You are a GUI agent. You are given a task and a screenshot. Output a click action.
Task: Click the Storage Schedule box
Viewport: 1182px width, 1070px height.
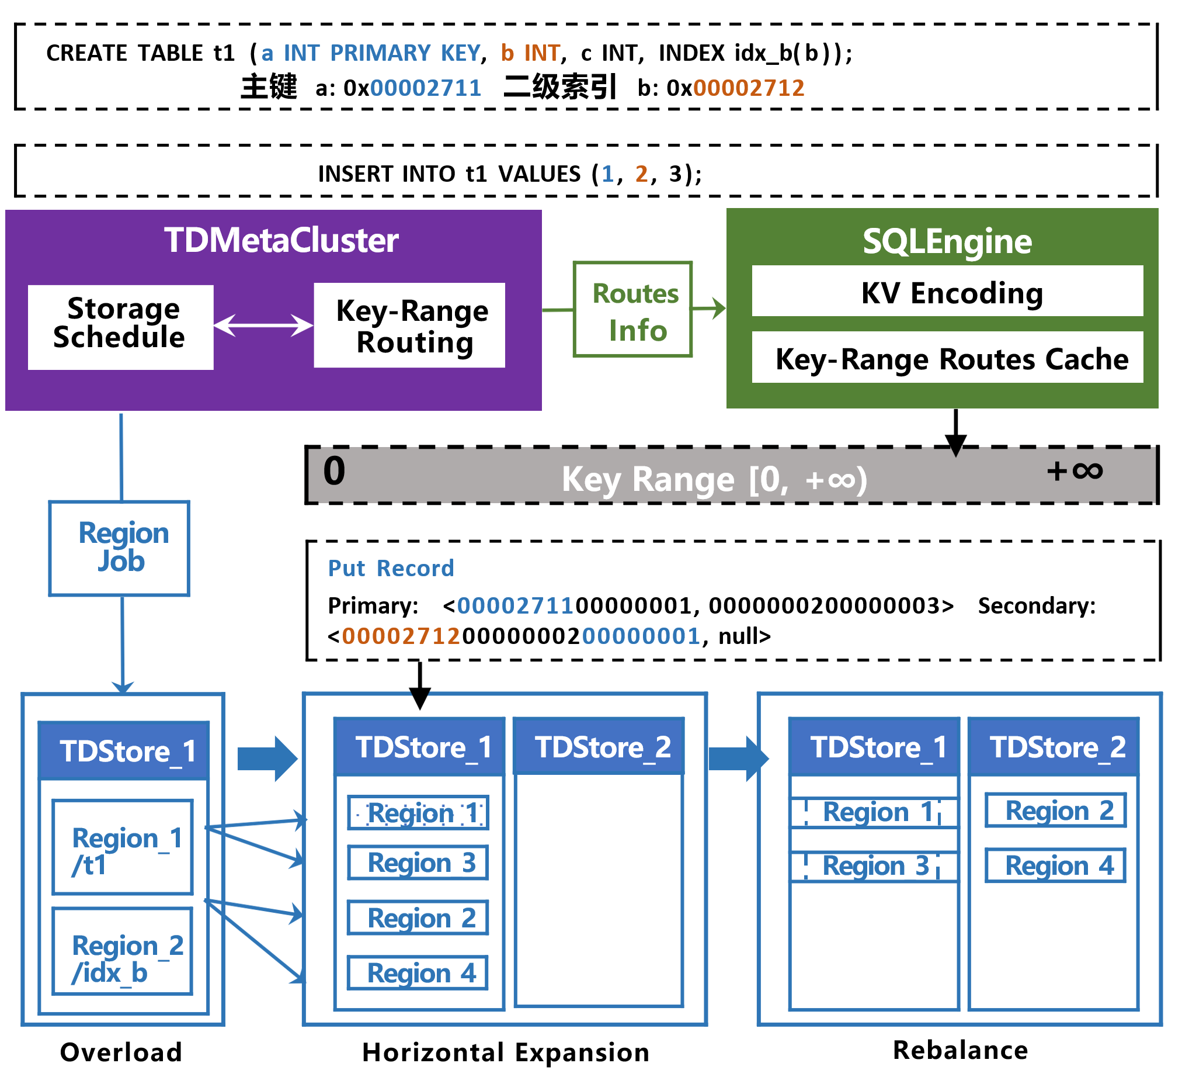pyautogui.click(x=120, y=327)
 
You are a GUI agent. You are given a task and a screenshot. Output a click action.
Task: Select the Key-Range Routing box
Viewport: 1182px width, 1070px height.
pyautogui.click(x=409, y=325)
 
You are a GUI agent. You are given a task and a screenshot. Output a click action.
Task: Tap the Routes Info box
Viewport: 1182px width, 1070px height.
pyautogui.click(x=632, y=309)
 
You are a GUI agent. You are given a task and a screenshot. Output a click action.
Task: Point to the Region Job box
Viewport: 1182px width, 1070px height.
pyautogui.click(x=119, y=548)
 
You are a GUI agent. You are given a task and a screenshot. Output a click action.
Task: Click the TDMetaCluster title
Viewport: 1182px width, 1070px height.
pyautogui.click(x=281, y=240)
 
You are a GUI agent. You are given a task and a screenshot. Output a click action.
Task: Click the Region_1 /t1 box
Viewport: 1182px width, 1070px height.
pyautogui.click(x=123, y=847)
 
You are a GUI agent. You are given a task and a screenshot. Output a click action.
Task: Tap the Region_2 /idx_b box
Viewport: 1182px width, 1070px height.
pyautogui.click(x=123, y=950)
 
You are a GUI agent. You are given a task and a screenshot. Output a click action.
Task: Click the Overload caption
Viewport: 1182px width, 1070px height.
pyautogui.click(x=121, y=1052)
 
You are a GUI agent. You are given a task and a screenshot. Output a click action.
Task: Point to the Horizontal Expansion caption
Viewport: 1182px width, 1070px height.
pyautogui.click(x=505, y=1052)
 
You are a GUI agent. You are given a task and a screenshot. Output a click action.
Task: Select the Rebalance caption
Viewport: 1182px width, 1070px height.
pyautogui.click(x=959, y=1050)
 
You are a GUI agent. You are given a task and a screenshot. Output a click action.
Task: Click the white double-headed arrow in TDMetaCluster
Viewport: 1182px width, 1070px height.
pyautogui.click(x=263, y=325)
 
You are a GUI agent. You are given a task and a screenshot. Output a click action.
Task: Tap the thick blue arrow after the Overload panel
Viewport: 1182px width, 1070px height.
pyautogui.click(x=267, y=759)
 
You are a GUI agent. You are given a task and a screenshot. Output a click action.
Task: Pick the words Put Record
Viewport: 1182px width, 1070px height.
pyautogui.click(x=391, y=568)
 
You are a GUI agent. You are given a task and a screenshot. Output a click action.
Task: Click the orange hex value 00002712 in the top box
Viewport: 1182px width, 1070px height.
pyautogui.click(x=748, y=88)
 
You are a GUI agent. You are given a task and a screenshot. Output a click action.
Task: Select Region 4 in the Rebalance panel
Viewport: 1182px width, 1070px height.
pyautogui.click(x=1055, y=865)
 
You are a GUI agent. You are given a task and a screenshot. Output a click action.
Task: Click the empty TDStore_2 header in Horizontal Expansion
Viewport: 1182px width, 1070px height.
pyautogui.click(x=599, y=746)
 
